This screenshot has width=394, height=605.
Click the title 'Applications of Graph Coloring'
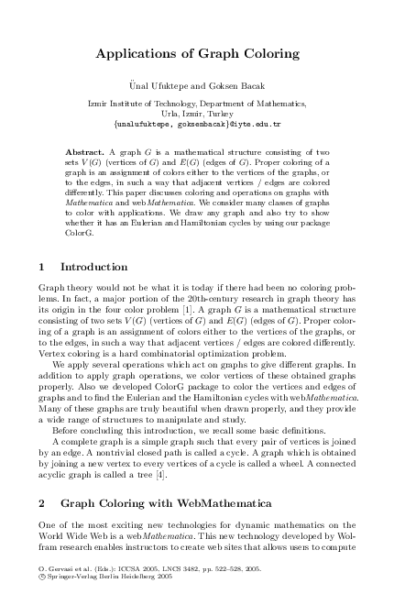coord(197,54)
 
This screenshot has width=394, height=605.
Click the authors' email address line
coord(197,122)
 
